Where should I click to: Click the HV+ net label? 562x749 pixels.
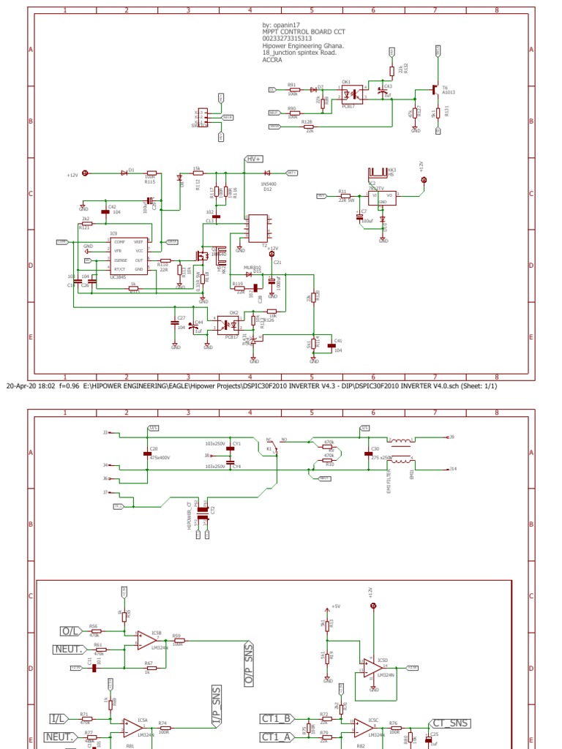(x=254, y=159)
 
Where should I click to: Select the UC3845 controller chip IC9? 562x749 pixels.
(x=129, y=255)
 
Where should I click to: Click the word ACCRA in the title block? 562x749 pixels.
(x=272, y=61)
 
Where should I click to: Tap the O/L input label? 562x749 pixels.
(x=70, y=631)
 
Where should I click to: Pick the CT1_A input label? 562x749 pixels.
(x=277, y=737)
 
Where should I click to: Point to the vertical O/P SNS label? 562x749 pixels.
(x=248, y=665)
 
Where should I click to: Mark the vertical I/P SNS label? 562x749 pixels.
(x=217, y=709)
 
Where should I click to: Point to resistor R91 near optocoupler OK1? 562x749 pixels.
(x=293, y=89)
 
